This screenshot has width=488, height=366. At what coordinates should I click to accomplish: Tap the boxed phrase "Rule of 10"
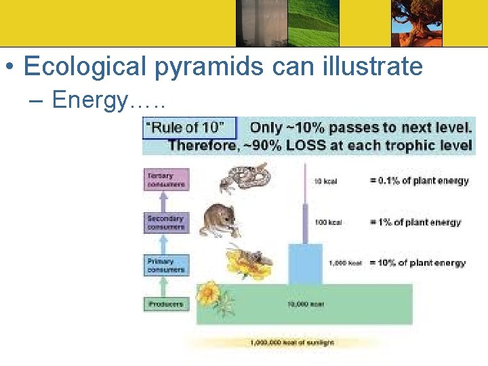click(x=190, y=127)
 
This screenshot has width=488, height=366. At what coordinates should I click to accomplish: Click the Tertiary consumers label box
click(x=165, y=180)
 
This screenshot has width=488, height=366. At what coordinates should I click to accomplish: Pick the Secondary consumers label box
click(x=165, y=222)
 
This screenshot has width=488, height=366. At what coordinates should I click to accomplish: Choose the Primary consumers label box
click(x=165, y=265)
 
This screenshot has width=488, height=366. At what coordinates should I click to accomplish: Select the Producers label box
click(x=165, y=304)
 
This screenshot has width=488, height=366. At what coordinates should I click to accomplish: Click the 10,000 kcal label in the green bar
click(x=305, y=304)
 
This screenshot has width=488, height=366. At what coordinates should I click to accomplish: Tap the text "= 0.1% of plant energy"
click(x=419, y=181)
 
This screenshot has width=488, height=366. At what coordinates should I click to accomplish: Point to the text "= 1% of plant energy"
click(x=415, y=222)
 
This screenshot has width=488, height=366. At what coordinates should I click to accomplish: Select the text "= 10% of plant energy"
click(x=418, y=263)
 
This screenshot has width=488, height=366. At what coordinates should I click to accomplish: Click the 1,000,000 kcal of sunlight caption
click(x=292, y=343)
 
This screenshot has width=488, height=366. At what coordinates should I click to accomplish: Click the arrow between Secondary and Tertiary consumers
click(x=165, y=202)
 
